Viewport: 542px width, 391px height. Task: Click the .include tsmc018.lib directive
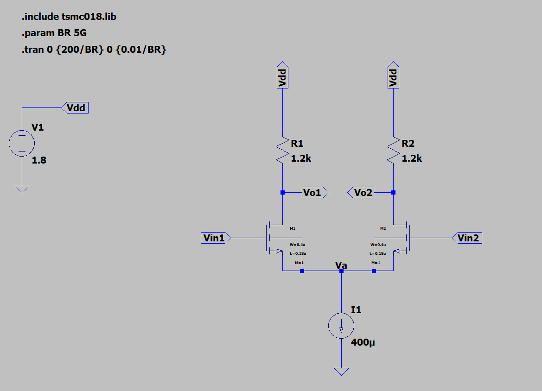pos(69,17)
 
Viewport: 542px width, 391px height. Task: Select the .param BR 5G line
pos(54,34)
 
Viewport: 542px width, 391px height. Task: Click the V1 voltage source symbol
pos(22,143)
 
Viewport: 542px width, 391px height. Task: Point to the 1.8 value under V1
pos(39,161)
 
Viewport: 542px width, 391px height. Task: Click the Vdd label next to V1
pos(76,108)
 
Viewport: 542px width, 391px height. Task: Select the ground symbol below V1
pos(22,189)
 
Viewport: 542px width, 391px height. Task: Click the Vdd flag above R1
pos(282,75)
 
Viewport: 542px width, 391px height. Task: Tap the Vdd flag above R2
pos(393,75)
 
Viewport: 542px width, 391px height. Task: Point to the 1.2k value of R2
pos(412,158)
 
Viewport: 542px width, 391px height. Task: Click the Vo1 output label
pos(313,192)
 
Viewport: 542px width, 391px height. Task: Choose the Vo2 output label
pos(362,192)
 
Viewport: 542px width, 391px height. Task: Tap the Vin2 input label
pos(467,238)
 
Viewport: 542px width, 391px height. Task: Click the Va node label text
pos(341,265)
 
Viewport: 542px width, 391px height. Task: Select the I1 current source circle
pos(341,326)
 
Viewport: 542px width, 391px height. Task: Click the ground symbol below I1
pos(341,371)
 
